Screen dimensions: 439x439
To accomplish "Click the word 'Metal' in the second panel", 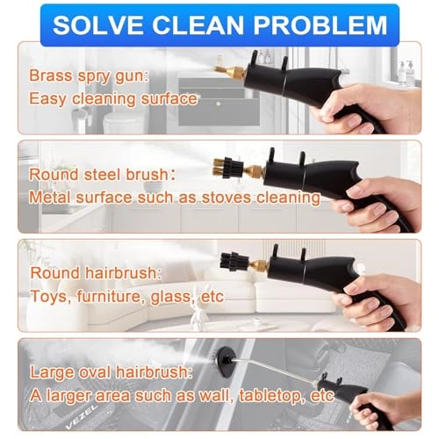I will tap(50, 198).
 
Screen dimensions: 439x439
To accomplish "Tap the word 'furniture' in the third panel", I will tap(119, 297).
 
